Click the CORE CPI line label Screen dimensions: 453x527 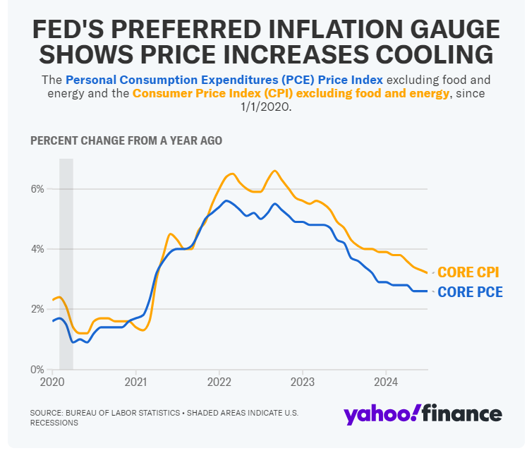point(468,272)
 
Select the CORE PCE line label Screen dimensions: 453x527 point(470,291)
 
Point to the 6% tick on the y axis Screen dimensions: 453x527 point(37,189)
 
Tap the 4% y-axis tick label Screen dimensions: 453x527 point(37,249)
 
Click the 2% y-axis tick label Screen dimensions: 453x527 point(37,309)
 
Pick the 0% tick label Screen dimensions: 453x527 point(38,369)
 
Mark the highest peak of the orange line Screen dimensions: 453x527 point(274,171)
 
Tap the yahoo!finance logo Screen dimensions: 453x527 point(423,414)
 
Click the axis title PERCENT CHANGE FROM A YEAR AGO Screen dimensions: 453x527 point(126,140)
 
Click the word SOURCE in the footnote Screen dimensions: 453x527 point(46,412)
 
